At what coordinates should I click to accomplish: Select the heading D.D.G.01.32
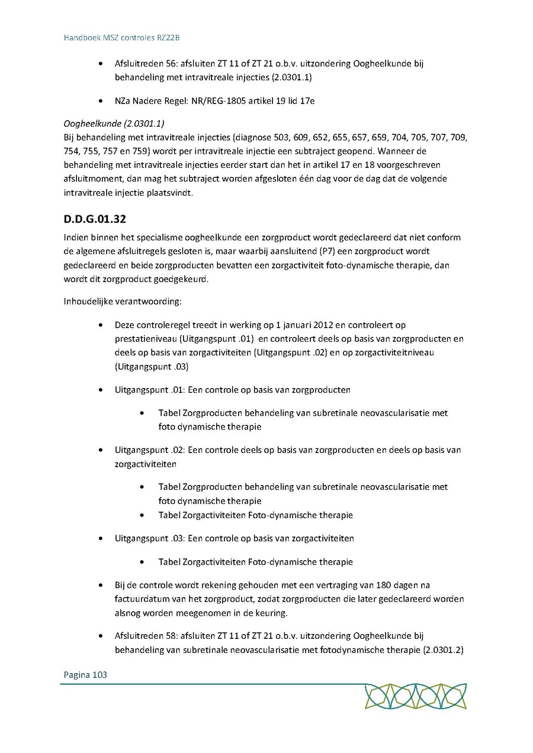click(95, 219)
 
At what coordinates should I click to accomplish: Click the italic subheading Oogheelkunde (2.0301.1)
click(114, 124)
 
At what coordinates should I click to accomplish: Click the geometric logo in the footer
click(415, 696)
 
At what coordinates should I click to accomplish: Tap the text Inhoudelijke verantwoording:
click(123, 302)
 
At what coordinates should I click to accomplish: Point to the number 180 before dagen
click(368, 585)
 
